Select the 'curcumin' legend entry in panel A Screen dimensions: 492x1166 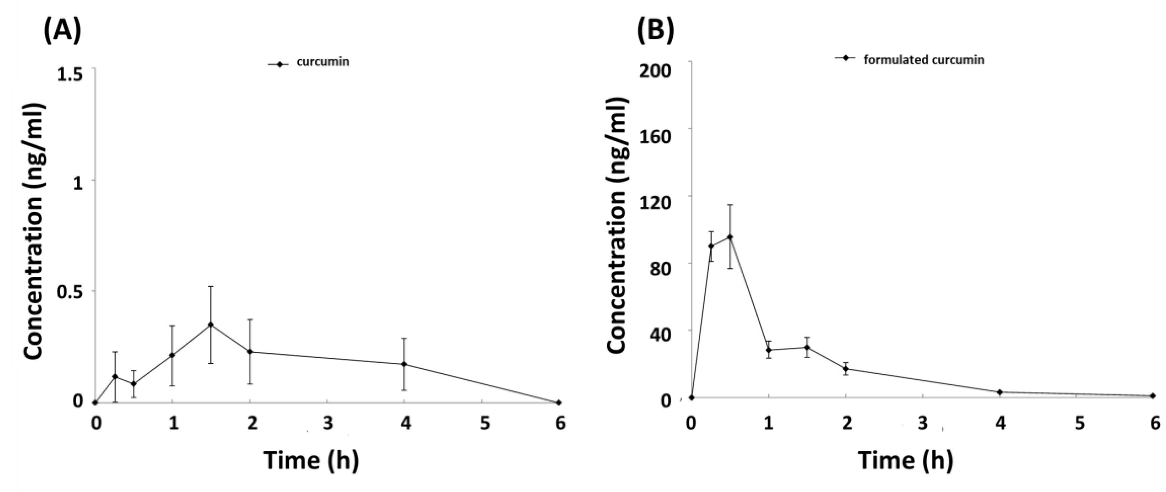[322, 62]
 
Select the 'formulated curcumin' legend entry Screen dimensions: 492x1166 [923, 60]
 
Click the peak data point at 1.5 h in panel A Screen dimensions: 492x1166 [211, 324]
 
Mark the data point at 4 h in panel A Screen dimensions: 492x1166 [404, 364]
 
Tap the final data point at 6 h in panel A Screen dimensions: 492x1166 [559, 402]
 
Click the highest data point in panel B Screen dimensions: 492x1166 [730, 237]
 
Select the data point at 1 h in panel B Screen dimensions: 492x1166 [769, 349]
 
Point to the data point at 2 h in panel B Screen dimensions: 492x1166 [845, 369]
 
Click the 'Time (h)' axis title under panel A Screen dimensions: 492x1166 [311, 460]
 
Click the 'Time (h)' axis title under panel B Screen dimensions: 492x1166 [906, 460]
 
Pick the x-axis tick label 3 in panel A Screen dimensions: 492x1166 [328, 424]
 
